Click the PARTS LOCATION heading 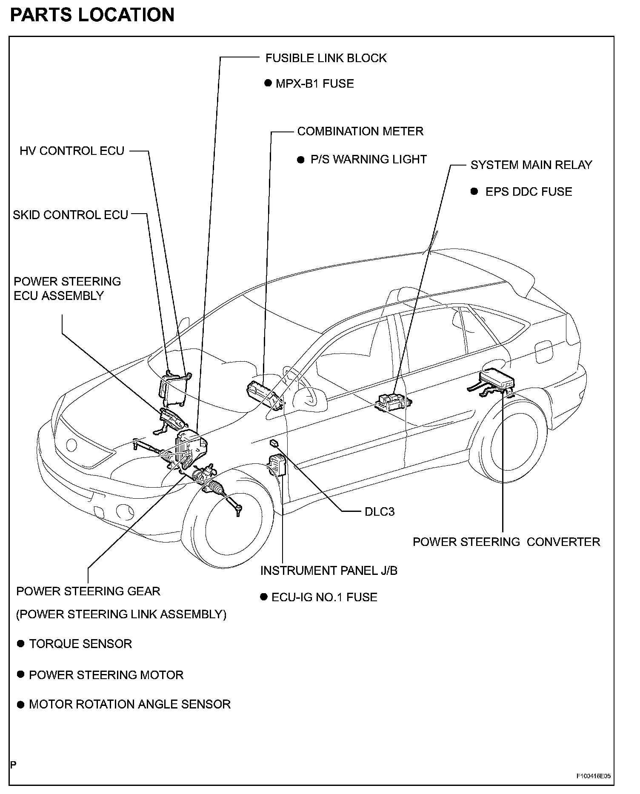point(92,14)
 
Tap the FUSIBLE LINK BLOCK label point(326,58)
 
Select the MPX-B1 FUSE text point(314,83)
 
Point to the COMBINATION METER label point(360,131)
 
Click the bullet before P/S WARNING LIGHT point(301,160)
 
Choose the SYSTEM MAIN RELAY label point(531,165)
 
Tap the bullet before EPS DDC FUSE point(474,191)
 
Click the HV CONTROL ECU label point(72,151)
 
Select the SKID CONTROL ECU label point(70,215)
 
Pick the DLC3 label point(380,511)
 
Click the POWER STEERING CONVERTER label point(506,542)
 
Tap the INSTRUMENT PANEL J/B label point(329,570)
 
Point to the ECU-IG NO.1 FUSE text point(324,597)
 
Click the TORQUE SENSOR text point(80,643)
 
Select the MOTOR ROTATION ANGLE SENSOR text point(130,704)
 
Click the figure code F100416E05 point(594,776)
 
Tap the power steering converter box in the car point(497,379)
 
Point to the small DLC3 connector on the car point(274,443)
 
